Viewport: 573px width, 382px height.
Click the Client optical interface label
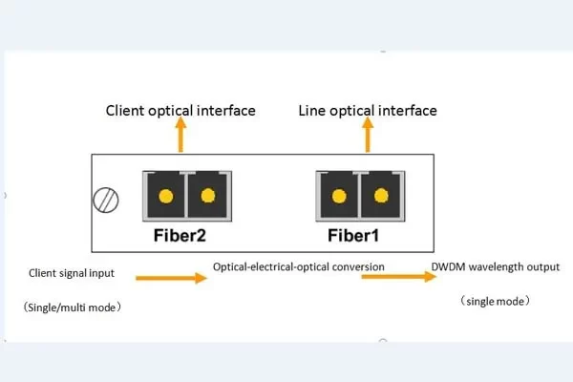180,111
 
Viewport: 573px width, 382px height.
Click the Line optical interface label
368,111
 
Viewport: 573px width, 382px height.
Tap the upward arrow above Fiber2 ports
181,138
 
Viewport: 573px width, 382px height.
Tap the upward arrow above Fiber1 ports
369,138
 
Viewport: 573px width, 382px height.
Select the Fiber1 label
359,233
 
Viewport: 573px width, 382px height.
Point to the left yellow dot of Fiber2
165,197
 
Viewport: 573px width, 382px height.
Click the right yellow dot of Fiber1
382,197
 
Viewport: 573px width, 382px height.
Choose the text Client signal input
72,273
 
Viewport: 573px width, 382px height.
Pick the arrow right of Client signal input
171,279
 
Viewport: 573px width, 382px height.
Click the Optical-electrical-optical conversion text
299,265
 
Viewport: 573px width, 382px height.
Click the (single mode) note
495,301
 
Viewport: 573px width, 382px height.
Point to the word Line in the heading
312,111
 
